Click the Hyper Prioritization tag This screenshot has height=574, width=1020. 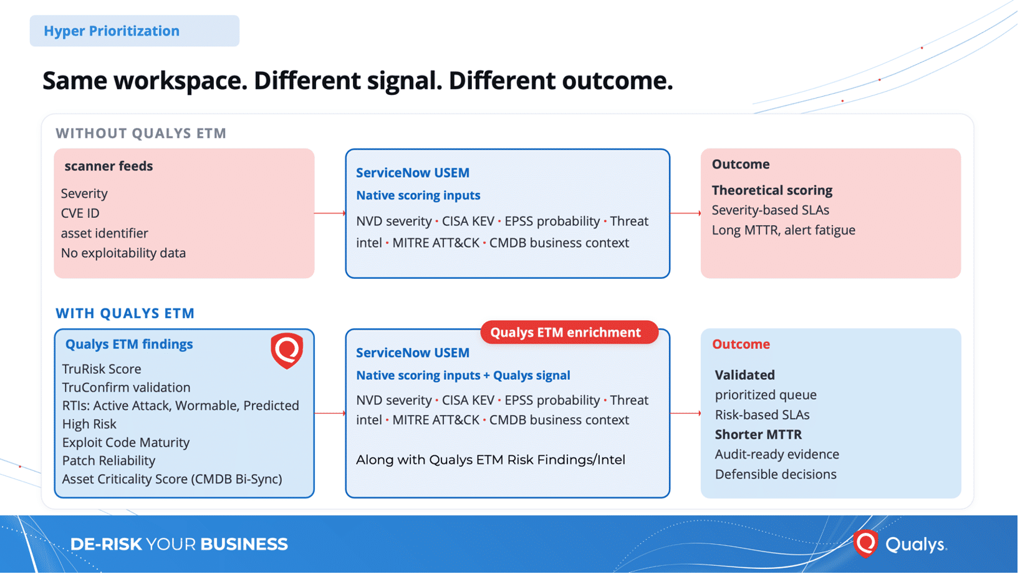click(134, 31)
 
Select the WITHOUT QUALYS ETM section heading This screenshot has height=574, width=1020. click(141, 133)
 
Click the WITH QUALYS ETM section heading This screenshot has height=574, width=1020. click(125, 313)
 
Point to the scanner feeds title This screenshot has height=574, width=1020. click(108, 166)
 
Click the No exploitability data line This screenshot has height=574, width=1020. click(123, 253)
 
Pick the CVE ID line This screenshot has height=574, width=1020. click(80, 213)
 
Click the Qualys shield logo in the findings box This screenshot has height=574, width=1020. click(286, 350)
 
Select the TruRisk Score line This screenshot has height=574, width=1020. click(102, 369)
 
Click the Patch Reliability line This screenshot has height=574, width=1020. click(109, 460)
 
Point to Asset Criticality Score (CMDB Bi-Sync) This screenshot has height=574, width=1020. click(172, 479)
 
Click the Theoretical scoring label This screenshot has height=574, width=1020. click(772, 190)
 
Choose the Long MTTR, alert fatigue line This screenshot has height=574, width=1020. click(783, 230)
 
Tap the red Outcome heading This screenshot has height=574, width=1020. click(741, 344)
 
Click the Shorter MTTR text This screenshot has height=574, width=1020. click(758, 435)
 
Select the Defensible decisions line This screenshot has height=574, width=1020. click(776, 474)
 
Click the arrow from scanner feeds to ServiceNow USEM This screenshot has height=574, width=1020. click(330, 213)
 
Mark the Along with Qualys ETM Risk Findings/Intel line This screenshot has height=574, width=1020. click(491, 460)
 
